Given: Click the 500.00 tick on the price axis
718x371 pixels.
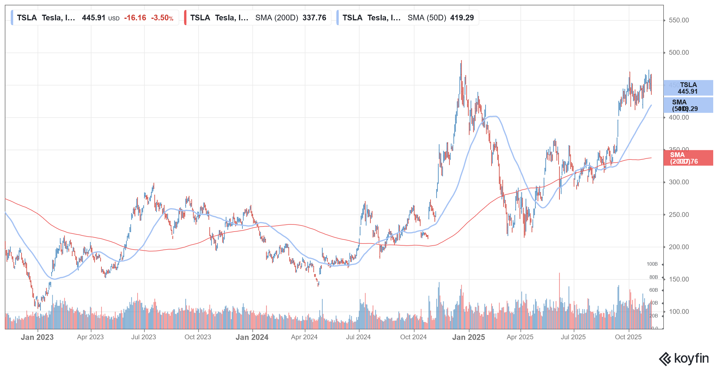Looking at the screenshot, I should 679,53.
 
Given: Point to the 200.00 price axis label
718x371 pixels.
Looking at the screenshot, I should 679,247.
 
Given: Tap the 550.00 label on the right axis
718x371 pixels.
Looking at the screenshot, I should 679,20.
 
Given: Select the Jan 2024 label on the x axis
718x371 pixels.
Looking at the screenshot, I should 252,337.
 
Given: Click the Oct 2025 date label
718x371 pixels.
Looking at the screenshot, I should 628,337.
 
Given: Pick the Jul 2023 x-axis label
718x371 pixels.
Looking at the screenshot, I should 144,337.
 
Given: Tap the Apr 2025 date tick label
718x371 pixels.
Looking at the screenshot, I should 520,337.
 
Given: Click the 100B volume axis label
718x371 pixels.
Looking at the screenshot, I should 652,264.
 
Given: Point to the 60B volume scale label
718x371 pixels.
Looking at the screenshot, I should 653,290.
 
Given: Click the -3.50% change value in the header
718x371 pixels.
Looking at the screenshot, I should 162,18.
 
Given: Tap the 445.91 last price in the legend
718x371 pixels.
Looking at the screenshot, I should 94,18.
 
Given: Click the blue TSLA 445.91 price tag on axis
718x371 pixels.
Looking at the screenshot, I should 688,88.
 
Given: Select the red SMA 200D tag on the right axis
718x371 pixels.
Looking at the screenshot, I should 688,158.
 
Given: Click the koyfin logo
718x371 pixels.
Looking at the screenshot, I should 684,358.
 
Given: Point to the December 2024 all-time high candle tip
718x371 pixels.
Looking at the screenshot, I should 461,61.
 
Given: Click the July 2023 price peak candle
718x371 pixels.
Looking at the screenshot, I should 154,184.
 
